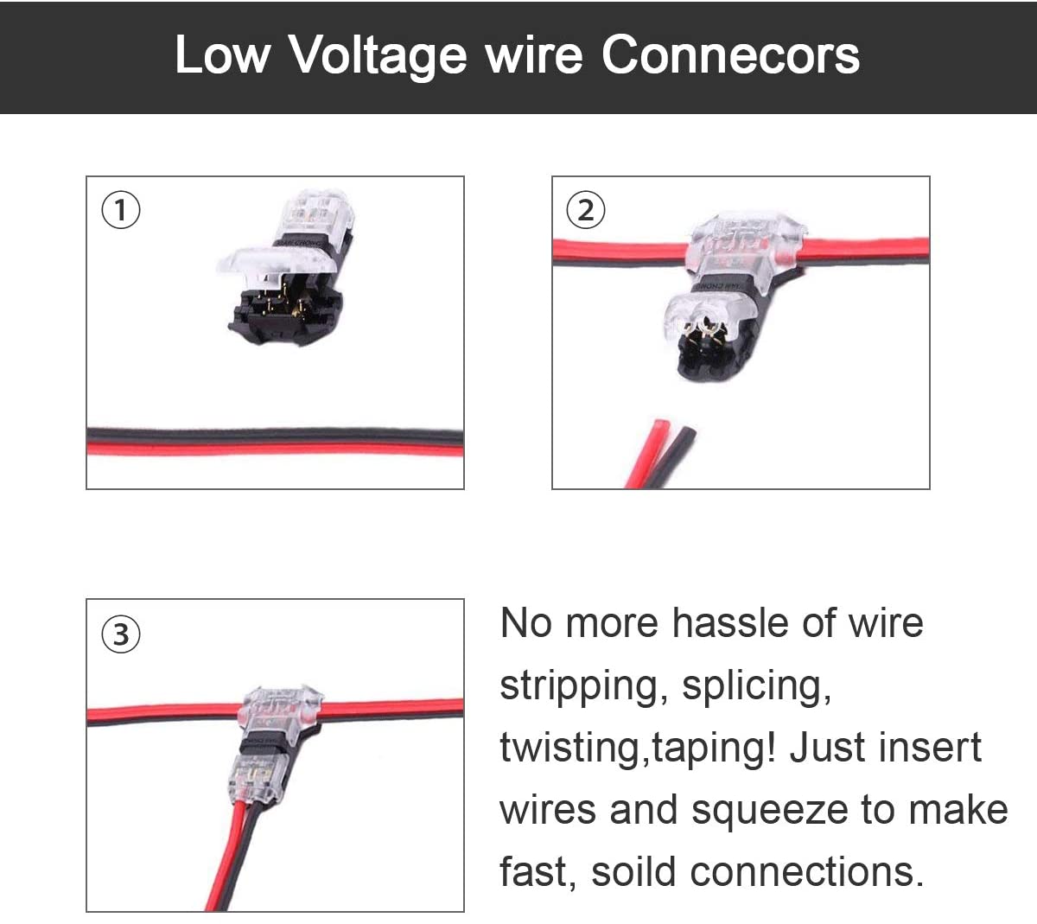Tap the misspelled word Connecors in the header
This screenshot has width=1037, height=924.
730,54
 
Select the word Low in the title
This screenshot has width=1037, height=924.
222,54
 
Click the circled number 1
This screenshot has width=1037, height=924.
121,210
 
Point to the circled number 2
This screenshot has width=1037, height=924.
586,210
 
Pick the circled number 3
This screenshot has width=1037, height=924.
121,634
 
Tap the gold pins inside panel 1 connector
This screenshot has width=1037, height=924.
282,302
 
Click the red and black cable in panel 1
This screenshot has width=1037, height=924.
276,443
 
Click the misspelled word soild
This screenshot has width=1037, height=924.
633,871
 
